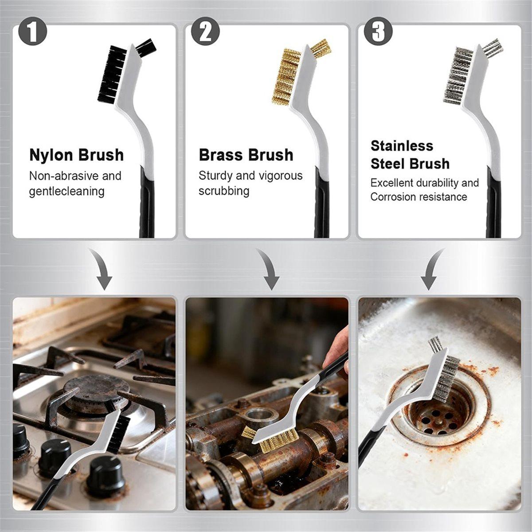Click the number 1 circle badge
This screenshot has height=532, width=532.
[32, 32]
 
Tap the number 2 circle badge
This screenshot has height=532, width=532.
[205, 32]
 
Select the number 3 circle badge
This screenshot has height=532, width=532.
[378, 32]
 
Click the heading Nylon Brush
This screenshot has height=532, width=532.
[76, 155]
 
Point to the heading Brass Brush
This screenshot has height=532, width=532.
[246, 155]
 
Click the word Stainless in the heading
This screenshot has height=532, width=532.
[402, 146]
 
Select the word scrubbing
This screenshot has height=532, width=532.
[224, 192]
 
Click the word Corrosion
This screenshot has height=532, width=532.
[393, 197]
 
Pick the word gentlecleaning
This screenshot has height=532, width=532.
[67, 192]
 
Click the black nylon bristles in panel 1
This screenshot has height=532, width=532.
[111, 75]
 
